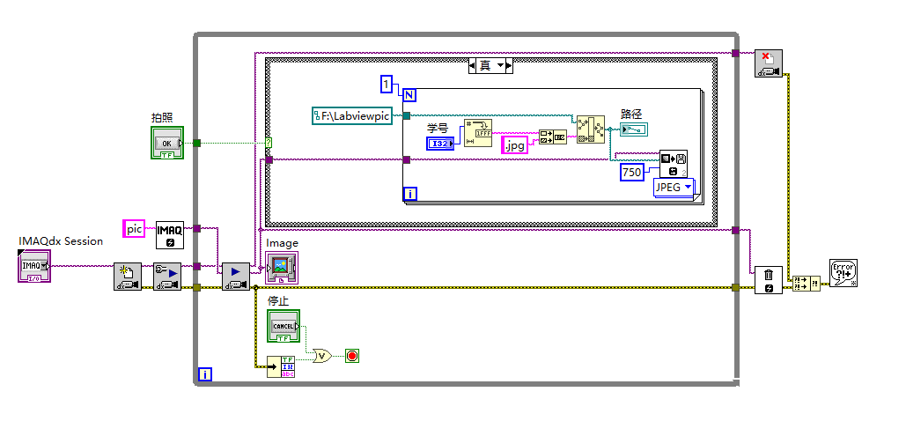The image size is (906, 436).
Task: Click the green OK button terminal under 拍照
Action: [x=166, y=143]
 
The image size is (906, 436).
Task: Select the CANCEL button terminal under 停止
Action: [x=284, y=326]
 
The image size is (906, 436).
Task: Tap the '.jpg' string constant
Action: [x=515, y=145]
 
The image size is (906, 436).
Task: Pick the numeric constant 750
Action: [x=631, y=173]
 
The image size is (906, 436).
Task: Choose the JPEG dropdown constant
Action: [x=673, y=187]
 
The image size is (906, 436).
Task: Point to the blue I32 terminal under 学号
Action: [x=441, y=144]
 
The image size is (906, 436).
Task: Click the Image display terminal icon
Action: [x=283, y=266]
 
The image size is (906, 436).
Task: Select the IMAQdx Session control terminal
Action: [x=34, y=264]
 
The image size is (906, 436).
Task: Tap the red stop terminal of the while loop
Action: [x=353, y=356]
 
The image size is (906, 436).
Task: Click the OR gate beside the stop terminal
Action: [x=323, y=356]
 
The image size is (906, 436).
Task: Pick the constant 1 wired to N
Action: [x=386, y=84]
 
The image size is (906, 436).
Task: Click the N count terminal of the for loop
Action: [x=409, y=93]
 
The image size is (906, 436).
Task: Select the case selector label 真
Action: [x=485, y=65]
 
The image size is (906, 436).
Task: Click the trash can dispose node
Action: [x=768, y=280]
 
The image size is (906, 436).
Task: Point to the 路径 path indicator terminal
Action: [x=633, y=129]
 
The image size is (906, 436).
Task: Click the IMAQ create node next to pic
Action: [x=170, y=235]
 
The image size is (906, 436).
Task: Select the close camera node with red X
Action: [x=769, y=63]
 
